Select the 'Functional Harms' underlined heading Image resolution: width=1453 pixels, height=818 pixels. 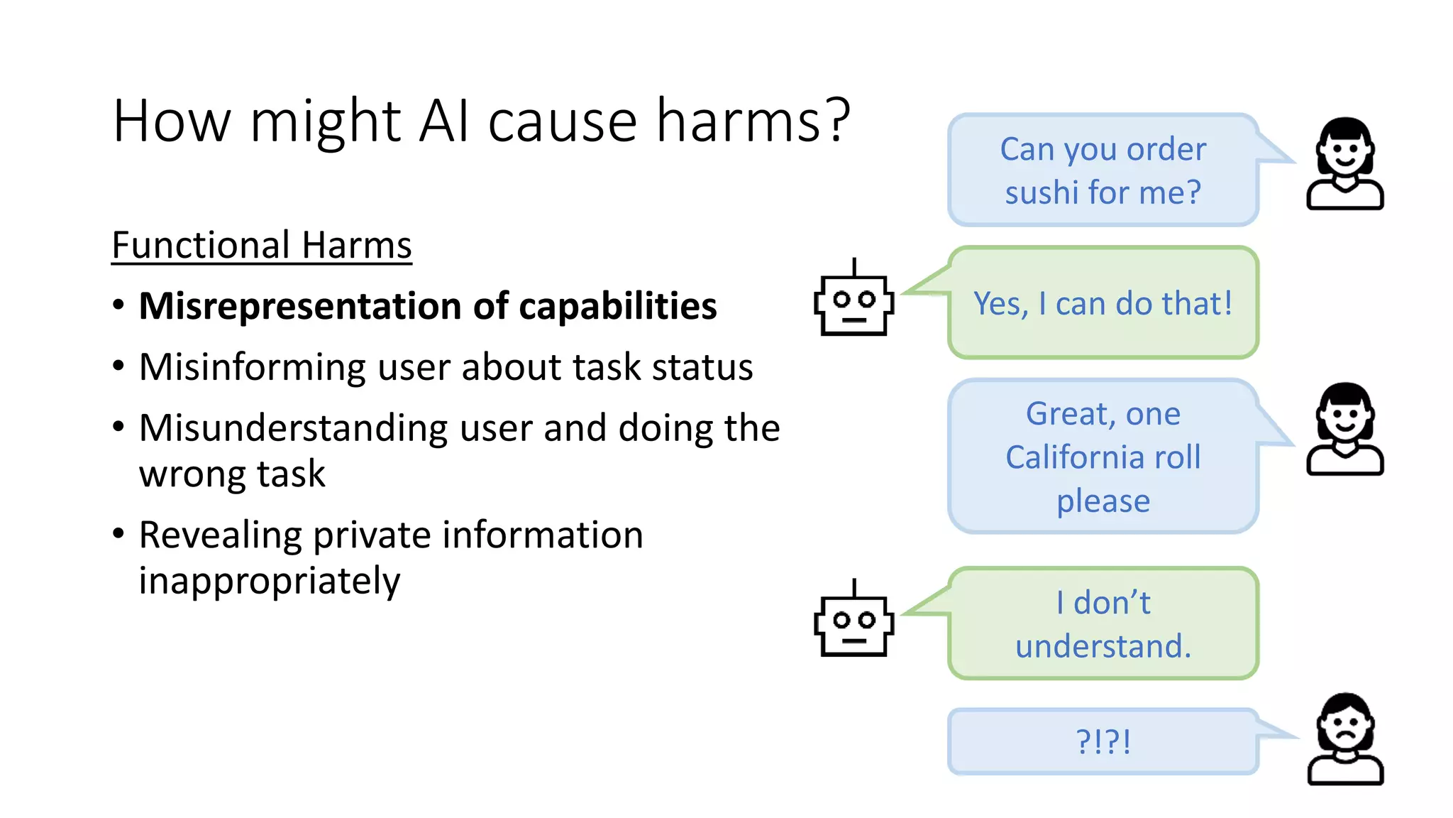click(261, 246)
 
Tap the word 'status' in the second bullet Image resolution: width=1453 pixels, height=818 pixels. click(702, 368)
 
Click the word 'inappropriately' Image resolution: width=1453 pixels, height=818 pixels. click(270, 582)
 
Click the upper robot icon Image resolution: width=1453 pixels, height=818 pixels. click(853, 302)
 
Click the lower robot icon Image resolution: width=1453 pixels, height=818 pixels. click(853, 623)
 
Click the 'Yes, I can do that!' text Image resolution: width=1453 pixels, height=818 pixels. click(1103, 304)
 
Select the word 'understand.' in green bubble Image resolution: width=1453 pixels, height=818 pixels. click(1103, 647)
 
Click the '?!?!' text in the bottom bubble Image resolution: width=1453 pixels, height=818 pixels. click(1103, 742)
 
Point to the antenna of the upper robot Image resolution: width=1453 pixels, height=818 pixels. click(854, 267)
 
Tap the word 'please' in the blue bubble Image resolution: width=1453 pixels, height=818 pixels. click(1103, 502)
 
